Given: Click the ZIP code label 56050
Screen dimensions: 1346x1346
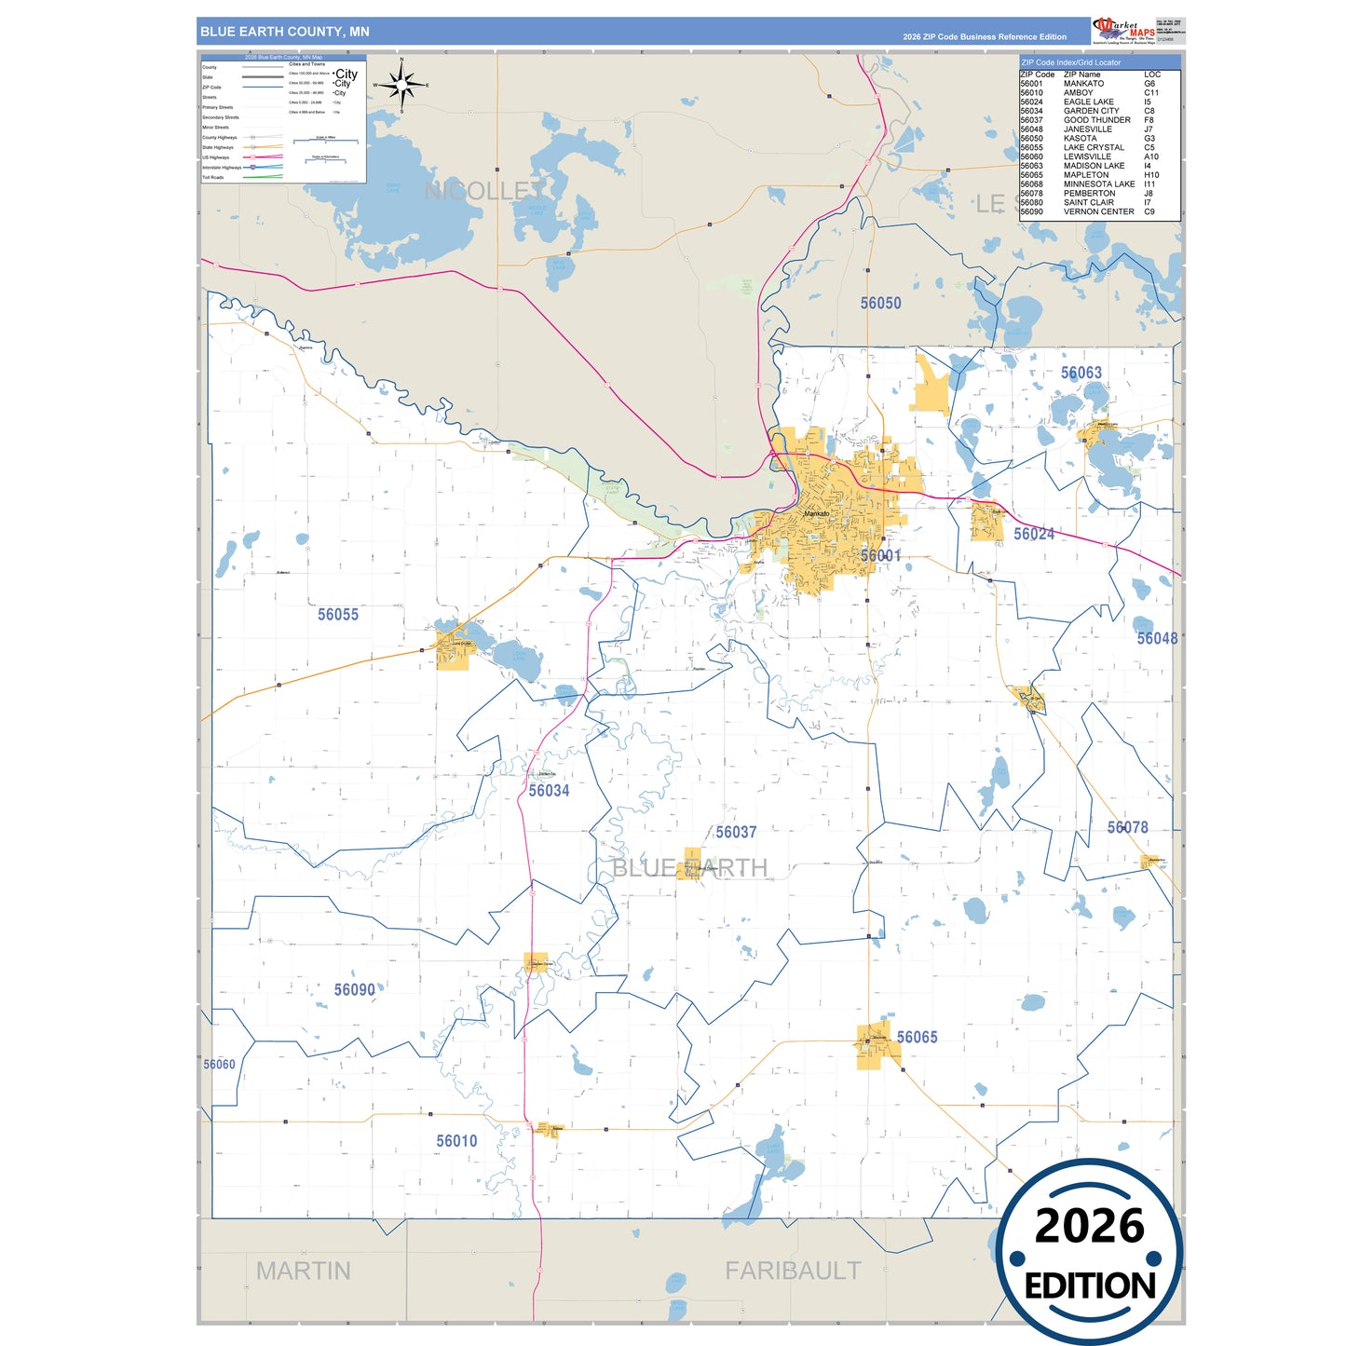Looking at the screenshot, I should [x=880, y=303].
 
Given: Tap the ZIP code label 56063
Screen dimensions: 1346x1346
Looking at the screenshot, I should [x=1081, y=373].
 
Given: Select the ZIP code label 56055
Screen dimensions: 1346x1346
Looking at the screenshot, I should [x=337, y=614].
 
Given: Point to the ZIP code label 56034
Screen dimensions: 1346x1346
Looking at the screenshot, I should [x=549, y=790].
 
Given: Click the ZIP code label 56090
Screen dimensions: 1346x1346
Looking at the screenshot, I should [x=355, y=989].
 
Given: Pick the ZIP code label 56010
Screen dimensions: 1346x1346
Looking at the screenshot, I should [x=456, y=1140].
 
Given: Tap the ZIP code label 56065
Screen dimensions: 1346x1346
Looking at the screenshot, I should [x=917, y=1037].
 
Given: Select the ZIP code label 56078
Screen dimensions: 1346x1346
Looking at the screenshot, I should [x=1127, y=827].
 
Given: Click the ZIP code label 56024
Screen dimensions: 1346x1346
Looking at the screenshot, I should [x=1034, y=534].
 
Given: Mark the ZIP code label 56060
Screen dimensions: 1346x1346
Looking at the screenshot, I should [x=219, y=1064].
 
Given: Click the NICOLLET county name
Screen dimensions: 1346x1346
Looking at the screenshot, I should [x=484, y=191].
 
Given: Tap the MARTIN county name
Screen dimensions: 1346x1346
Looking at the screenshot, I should [x=303, y=1271].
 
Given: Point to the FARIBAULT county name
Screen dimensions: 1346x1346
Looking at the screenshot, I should [x=793, y=1271].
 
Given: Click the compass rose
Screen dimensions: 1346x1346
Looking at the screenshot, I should [x=401, y=86].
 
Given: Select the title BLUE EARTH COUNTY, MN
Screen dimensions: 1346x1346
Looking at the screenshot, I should [x=285, y=32].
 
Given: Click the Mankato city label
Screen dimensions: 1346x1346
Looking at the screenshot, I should [x=816, y=513].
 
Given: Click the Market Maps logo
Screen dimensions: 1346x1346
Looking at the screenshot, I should [x=1123, y=31].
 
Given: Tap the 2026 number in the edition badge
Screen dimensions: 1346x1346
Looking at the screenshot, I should [x=1089, y=1226].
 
